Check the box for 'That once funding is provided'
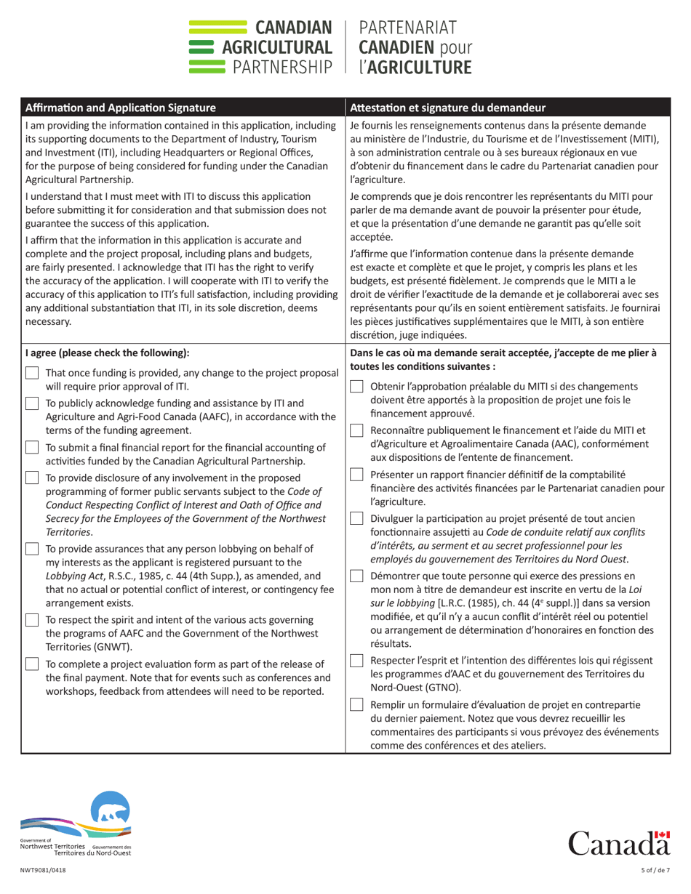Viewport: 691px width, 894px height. tap(32, 373)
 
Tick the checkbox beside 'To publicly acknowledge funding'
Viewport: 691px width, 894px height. tap(32, 403)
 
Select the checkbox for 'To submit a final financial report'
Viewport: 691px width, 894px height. tap(32, 448)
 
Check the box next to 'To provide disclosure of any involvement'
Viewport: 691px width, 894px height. tap(32, 478)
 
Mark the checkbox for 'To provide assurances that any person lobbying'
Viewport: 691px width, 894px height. tap(32, 549)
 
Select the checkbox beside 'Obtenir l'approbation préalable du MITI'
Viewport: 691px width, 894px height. tap(356, 387)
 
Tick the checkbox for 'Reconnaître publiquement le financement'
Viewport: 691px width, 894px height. tap(356, 430)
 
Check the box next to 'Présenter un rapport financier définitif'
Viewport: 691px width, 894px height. tap(356, 475)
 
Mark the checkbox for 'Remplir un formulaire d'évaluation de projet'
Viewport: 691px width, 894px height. tap(356, 704)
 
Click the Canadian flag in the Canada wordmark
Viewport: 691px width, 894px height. tap(661, 837)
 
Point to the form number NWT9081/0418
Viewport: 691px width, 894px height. tap(42, 871)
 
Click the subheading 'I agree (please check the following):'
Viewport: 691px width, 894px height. tap(106, 354)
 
